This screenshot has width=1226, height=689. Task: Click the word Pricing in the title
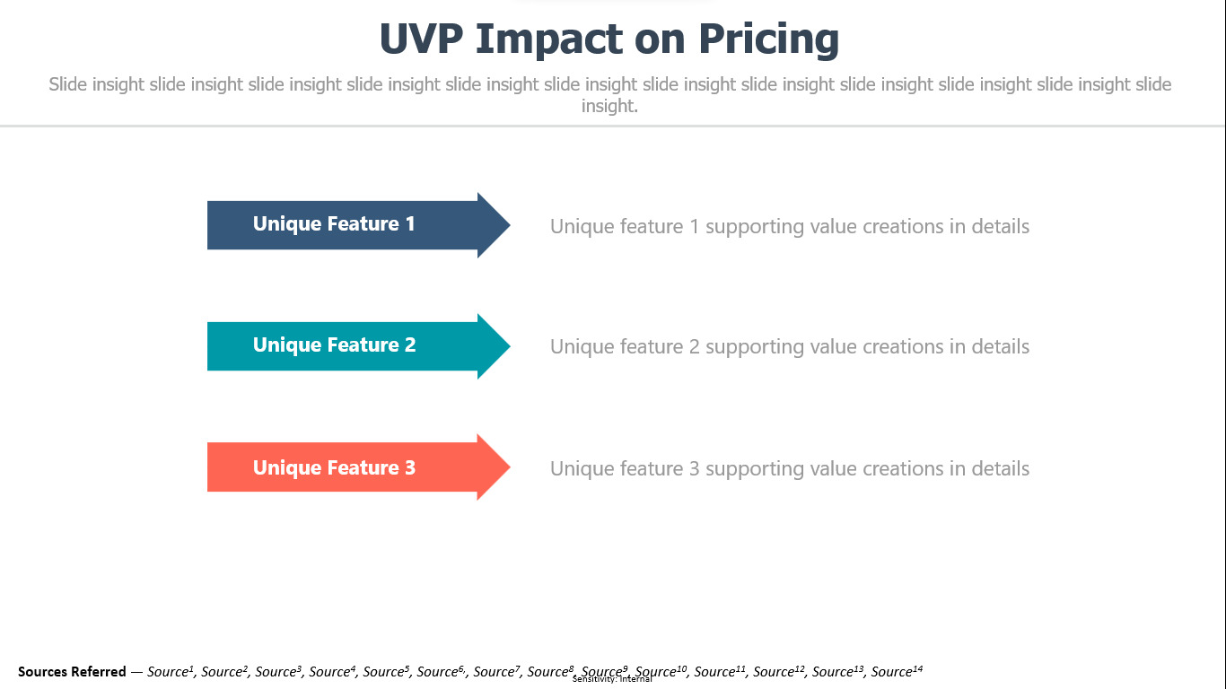pyautogui.click(x=768, y=39)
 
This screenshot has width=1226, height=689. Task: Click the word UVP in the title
pyautogui.click(x=421, y=39)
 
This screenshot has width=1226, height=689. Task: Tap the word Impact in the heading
pyautogui.click(x=553, y=39)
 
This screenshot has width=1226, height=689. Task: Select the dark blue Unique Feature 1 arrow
pyautogui.click(x=358, y=225)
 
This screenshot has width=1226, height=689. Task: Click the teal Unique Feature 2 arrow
pyautogui.click(x=358, y=346)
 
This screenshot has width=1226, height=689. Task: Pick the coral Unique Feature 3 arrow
pyautogui.click(x=358, y=467)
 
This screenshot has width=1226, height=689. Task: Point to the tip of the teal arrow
pyautogui.click(x=511, y=346)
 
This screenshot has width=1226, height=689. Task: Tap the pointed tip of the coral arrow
pyautogui.click(x=511, y=467)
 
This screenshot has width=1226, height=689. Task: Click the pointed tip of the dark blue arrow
pyautogui.click(x=511, y=225)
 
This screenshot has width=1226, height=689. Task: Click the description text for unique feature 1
pyautogui.click(x=790, y=226)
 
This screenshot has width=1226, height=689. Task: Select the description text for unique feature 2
pyautogui.click(x=790, y=346)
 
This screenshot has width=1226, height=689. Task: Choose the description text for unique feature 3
pyautogui.click(x=790, y=468)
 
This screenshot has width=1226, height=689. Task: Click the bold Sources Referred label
pyautogui.click(x=72, y=671)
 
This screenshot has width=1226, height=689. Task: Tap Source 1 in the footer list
pyautogui.click(x=171, y=671)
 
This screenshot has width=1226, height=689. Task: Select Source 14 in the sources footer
pyautogui.click(x=897, y=671)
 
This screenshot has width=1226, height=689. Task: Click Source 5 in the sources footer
pyautogui.click(x=386, y=671)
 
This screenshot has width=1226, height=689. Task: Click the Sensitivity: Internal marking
pyautogui.click(x=612, y=679)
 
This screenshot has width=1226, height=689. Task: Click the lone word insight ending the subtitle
pyautogui.click(x=609, y=106)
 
